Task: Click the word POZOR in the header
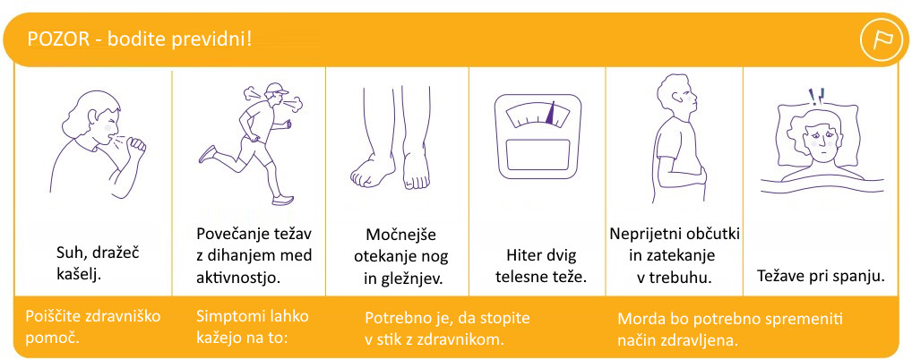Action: coord(57,39)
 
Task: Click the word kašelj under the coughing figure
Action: coord(79,274)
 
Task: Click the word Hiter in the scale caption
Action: coord(521,254)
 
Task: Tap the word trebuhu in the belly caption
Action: coord(684,278)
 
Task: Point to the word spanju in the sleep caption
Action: coord(862,277)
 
